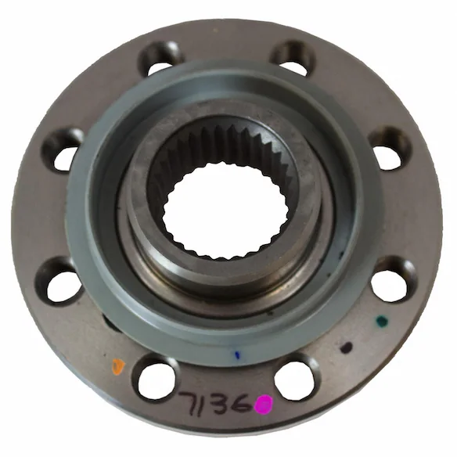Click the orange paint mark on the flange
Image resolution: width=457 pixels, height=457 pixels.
(117, 366)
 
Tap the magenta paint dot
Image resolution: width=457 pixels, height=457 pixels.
(264, 405)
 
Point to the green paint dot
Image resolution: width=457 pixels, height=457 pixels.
(382, 321)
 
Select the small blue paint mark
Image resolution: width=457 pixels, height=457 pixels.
(238, 355)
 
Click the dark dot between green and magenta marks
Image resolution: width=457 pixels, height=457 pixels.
(347, 347)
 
